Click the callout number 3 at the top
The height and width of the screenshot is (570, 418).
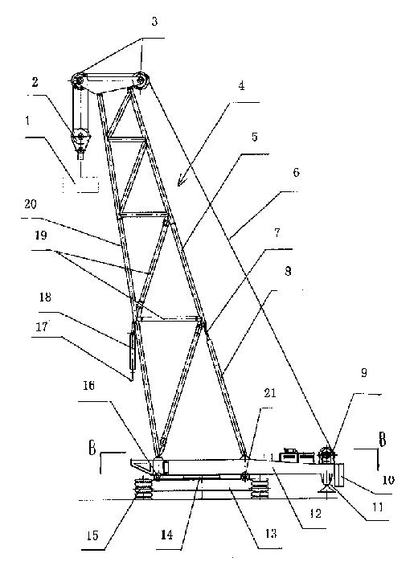155,21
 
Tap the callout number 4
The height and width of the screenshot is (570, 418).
241,86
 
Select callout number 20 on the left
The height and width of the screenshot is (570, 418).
31,204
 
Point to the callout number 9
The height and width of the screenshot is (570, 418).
364,372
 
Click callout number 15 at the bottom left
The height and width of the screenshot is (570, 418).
92,535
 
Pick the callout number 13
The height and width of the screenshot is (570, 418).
271,534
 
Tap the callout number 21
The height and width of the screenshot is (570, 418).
270,393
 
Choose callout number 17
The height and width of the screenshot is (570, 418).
42,326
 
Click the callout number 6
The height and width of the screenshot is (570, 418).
296,172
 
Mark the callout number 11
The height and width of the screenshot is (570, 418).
377,506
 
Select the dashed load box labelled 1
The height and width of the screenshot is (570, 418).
80,185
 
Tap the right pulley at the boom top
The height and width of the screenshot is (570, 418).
141,80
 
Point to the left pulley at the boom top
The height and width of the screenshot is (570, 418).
77,80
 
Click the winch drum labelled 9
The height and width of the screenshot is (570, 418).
326,456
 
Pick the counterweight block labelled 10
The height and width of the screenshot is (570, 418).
339,475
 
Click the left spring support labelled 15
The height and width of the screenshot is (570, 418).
144,488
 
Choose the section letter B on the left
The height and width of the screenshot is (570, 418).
92,448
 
